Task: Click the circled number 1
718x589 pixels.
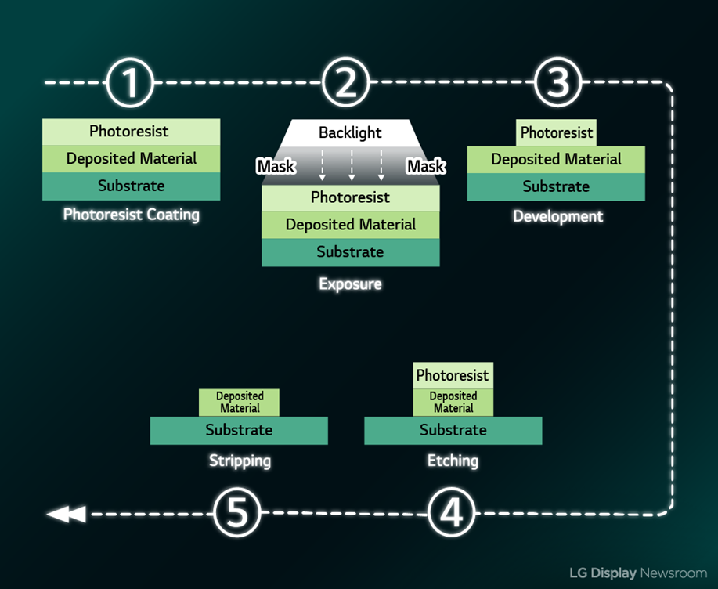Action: [x=130, y=82]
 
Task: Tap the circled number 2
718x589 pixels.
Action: [x=345, y=82]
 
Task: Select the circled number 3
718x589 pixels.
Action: [x=557, y=82]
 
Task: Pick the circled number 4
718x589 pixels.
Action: [x=452, y=514]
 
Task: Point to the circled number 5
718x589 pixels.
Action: [x=237, y=514]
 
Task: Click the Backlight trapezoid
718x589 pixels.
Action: [x=350, y=133]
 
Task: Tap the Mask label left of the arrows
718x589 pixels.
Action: [x=276, y=166]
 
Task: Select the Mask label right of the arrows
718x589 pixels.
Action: [x=425, y=166]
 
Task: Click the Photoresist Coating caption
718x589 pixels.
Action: [x=131, y=215]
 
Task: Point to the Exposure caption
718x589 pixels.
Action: [x=350, y=284]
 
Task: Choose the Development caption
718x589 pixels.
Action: [x=557, y=216]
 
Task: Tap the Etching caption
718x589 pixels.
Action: [x=453, y=461]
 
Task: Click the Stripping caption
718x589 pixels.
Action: [x=240, y=461]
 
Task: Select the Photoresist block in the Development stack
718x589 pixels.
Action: [x=557, y=132]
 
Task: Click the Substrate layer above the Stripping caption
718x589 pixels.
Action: [x=239, y=430]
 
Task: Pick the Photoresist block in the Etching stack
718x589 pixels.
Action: [x=453, y=375]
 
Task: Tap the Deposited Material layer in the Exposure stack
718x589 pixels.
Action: [x=350, y=225]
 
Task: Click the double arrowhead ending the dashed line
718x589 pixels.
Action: [x=66, y=514]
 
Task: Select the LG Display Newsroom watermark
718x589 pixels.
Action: [x=637, y=573]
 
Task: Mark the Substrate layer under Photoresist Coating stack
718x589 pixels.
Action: [x=131, y=186]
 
